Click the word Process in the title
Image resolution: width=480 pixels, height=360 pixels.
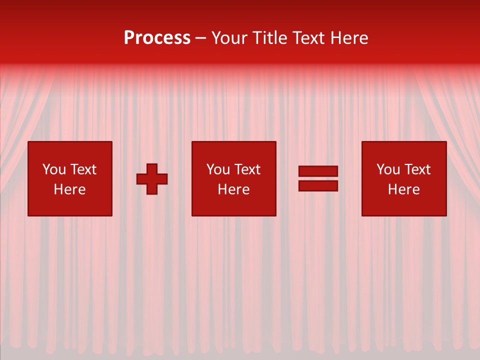pos(157,38)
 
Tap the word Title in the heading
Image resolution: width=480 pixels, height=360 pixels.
pos(269,38)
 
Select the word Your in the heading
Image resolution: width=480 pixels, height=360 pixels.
pos(231,38)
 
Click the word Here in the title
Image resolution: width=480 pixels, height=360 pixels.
pos(350,38)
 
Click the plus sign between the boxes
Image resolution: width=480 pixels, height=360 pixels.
pos(152,179)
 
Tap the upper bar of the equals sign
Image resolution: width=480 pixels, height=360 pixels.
pos(318,171)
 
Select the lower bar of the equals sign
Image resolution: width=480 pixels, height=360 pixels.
pos(318,185)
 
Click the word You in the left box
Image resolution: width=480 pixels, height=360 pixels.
pos(53,169)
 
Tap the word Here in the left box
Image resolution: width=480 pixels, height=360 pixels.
pos(69,189)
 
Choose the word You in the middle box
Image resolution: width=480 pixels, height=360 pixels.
pos(217,169)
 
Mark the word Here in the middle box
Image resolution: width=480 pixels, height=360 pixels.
pos(233,189)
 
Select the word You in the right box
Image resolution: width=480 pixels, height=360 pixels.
pos(387,169)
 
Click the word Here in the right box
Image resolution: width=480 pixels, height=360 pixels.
pos(403,189)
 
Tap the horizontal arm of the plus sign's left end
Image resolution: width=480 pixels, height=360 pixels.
pos(141,179)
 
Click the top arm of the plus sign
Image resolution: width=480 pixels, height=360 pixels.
pos(152,168)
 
